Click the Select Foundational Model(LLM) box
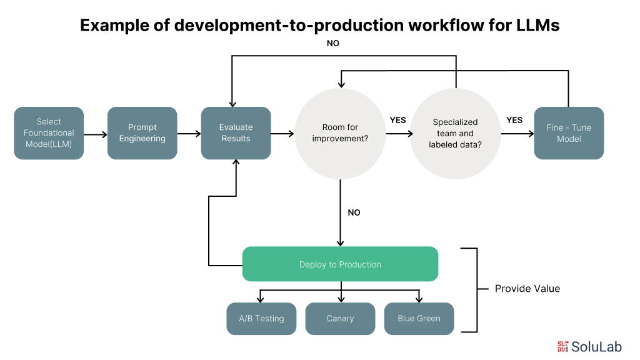click(49, 133)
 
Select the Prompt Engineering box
click(142, 133)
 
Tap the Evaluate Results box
click(236, 133)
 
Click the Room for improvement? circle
click(341, 134)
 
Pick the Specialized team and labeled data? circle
click(456, 134)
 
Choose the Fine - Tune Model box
click(569, 133)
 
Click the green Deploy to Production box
click(341, 264)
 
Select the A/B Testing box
click(262, 319)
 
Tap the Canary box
click(341, 319)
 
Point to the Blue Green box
click(419, 319)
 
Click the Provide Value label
click(527, 289)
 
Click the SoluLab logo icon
click(563, 346)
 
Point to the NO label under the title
click(333, 43)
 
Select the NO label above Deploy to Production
click(354, 212)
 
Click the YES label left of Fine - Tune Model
click(514, 120)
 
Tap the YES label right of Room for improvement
click(398, 120)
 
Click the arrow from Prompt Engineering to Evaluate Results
click(189, 134)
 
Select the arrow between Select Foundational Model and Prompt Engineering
click(96, 134)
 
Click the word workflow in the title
click(446, 25)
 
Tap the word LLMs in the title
click(538, 25)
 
